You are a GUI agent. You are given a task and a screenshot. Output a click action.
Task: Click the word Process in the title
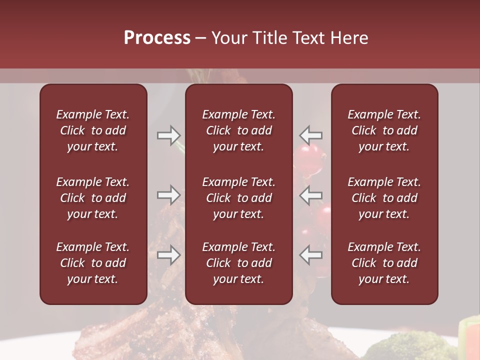pos(157,38)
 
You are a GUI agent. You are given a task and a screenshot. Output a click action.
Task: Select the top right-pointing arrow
pos(169,135)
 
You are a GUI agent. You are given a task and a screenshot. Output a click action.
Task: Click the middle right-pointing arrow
pos(169,195)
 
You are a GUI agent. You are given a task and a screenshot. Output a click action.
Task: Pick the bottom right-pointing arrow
pos(169,255)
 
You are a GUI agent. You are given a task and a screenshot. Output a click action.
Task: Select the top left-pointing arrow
pos(310,135)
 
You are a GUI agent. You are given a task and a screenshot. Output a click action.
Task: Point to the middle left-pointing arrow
pos(310,195)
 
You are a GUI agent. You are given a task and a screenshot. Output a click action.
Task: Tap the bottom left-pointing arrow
pos(310,255)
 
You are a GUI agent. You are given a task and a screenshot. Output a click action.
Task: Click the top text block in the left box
pos(93,130)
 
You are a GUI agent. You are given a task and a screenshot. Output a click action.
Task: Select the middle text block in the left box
pos(93,198)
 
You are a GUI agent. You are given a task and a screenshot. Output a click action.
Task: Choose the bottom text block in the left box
pos(93,263)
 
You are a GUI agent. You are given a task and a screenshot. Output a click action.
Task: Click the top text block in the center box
pos(238,130)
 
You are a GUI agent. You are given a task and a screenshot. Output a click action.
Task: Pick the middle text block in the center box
pos(238,198)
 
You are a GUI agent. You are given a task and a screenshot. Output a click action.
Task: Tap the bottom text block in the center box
pos(238,263)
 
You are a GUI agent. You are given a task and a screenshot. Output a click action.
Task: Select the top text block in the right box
pos(384,130)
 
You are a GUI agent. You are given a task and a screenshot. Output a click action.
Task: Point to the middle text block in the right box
pos(384,198)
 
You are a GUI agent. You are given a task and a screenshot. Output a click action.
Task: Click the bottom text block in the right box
pos(384,263)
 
